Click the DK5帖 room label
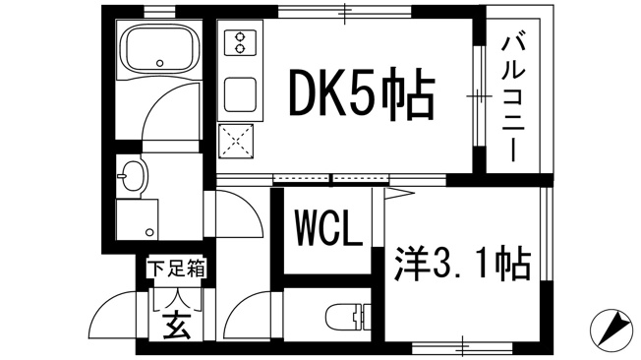[x=362, y=92]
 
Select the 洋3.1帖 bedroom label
[x=462, y=264]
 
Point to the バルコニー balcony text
[x=513, y=98]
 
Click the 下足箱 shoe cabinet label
[x=176, y=269]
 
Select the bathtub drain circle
[x=160, y=63]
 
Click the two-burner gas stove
[x=240, y=42]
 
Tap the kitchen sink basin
[x=240, y=94]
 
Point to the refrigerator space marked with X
[x=236, y=141]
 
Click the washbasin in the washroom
[x=133, y=176]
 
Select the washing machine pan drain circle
[x=150, y=232]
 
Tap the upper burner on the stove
[x=240, y=36]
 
